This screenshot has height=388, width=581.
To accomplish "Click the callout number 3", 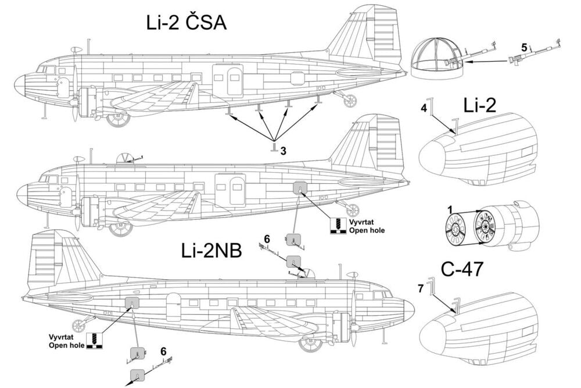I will coord(283,151).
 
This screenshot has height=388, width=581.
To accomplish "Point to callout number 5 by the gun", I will coord(525,47).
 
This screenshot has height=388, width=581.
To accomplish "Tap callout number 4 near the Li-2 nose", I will coord(424,108).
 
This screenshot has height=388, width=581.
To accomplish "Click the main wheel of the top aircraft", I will coord(119,119).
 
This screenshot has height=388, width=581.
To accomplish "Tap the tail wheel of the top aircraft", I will coord(350,101).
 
